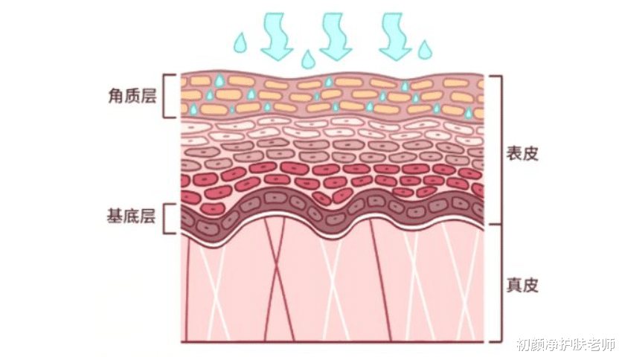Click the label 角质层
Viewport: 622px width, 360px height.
[x=132, y=96]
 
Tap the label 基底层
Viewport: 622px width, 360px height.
[x=131, y=217]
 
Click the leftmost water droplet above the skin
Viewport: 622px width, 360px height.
[x=240, y=44]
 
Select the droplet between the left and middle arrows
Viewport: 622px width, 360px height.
[x=307, y=60]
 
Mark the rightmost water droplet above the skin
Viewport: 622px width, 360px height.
[x=424, y=51]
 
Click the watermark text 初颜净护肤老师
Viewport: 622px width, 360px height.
[x=567, y=344]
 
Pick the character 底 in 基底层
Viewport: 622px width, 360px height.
[x=131, y=217]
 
